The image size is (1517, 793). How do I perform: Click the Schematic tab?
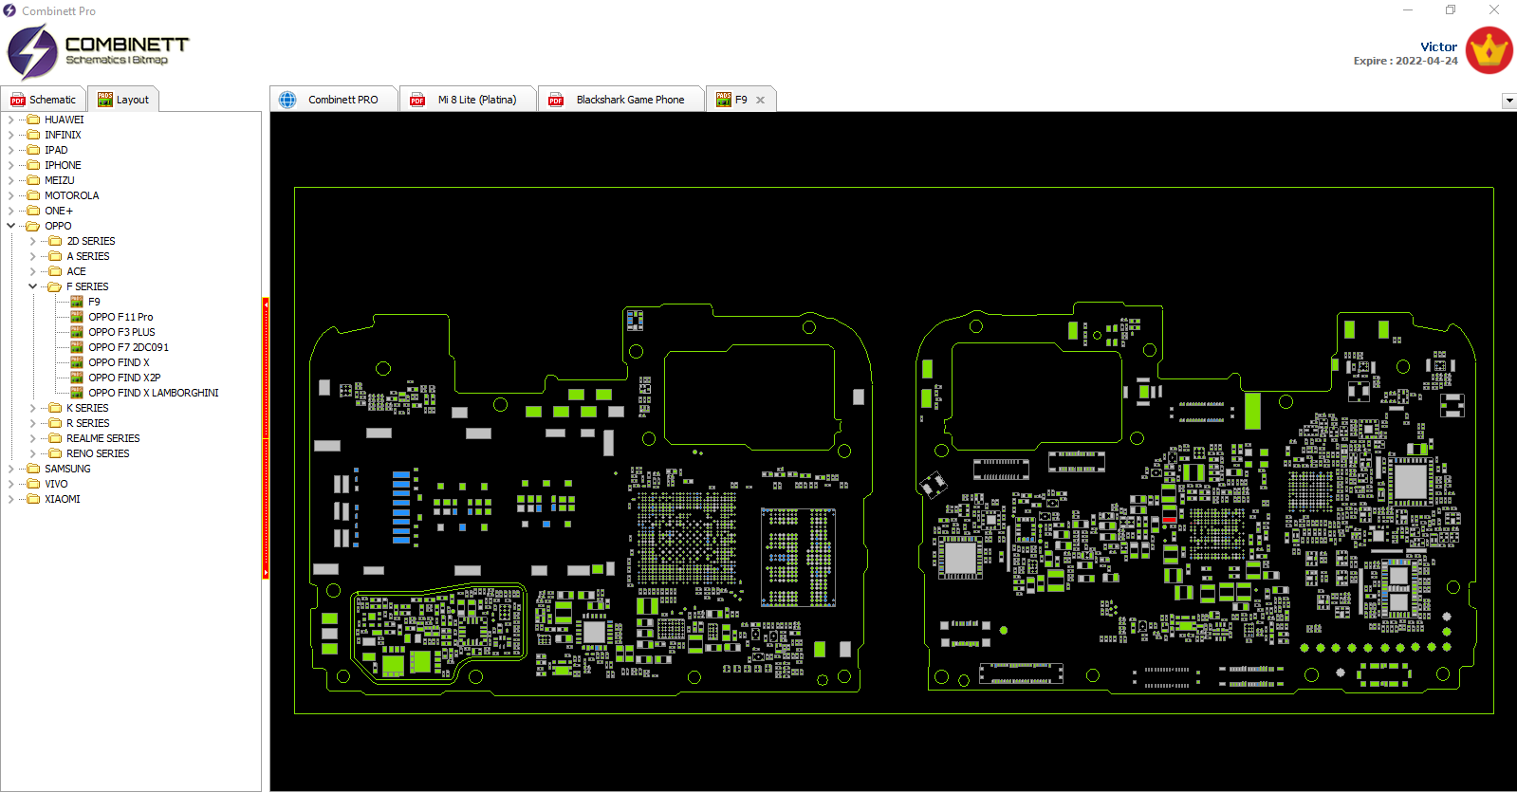coord(44,100)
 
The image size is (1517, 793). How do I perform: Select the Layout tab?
coord(123,100)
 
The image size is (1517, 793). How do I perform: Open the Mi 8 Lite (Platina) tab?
coord(468,100)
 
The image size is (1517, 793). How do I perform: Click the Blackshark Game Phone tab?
coord(621,100)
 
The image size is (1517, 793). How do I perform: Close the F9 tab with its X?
coord(761,100)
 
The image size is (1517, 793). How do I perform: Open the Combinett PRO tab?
coord(334,100)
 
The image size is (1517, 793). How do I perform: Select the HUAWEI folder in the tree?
coord(64,120)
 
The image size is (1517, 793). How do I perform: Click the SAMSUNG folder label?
coord(67,469)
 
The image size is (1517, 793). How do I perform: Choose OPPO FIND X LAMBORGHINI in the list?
coord(153,393)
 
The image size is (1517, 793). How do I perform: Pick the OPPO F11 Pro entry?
coord(120,317)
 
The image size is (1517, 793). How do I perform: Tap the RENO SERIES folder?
coord(98,453)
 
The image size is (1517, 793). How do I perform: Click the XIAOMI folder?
coord(62,499)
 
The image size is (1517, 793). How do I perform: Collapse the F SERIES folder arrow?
coord(32,286)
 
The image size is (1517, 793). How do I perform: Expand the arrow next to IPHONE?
coord(10,165)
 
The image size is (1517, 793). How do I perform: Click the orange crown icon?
coord(1489,50)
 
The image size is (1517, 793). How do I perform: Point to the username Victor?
coord(1438,46)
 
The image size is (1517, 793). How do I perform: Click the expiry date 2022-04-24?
coord(1427,61)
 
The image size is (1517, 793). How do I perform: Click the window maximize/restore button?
coord(1451,10)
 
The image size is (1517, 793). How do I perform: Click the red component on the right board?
coord(1170,520)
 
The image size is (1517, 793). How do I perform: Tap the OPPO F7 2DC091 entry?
coord(128,347)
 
